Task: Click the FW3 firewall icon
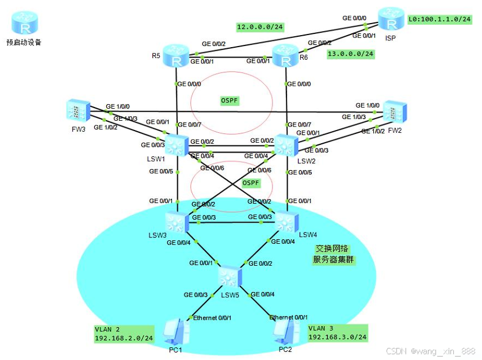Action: tap(78, 110)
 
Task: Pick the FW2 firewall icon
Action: tap(395, 112)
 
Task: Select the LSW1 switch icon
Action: tap(177, 144)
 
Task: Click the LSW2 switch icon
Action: tap(285, 144)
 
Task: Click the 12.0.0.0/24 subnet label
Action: tap(261, 27)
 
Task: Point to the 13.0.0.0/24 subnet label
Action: tap(350, 53)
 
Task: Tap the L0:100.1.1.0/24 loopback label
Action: tap(439, 20)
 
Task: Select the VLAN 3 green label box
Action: tap(337, 333)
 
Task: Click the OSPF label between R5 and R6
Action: tap(229, 101)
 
